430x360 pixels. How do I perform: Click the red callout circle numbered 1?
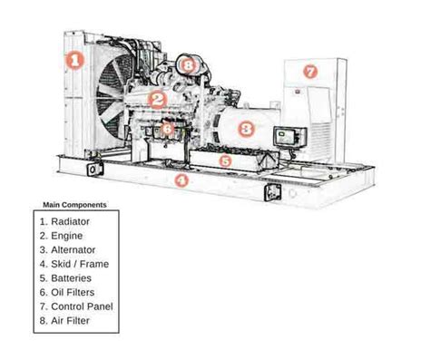(76, 62)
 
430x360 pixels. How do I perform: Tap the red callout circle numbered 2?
(157, 100)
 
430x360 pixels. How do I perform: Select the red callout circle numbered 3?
(244, 128)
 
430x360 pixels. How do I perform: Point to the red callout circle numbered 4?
(182, 180)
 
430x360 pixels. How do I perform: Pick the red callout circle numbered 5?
(227, 161)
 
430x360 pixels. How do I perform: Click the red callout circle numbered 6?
(167, 130)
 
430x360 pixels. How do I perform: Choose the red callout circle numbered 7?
(310, 70)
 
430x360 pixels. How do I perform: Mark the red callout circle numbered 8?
(187, 64)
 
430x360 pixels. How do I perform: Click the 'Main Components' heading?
(74, 205)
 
